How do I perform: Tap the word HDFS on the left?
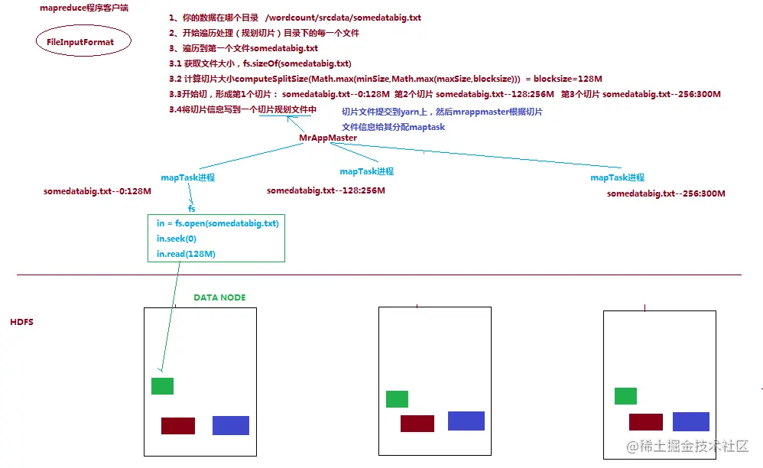[x=21, y=323]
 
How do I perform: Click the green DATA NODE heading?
[x=219, y=297]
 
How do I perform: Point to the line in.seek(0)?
[x=176, y=239]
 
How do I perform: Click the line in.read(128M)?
[x=186, y=253]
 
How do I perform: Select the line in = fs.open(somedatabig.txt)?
[x=217, y=223]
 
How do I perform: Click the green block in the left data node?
[x=162, y=386]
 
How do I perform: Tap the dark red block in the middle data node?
[x=417, y=424]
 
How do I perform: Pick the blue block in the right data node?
[x=691, y=421]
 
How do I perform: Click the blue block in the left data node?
[x=231, y=425]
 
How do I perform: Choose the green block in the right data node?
[x=625, y=396]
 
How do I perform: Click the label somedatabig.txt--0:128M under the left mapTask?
[x=97, y=190]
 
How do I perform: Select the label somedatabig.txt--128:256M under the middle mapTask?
[x=326, y=190]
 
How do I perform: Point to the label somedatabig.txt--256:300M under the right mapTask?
[x=666, y=193]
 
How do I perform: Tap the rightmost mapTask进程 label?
[x=617, y=177]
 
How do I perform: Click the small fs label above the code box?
[x=192, y=207]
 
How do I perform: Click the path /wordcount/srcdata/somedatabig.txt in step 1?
[x=343, y=18]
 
